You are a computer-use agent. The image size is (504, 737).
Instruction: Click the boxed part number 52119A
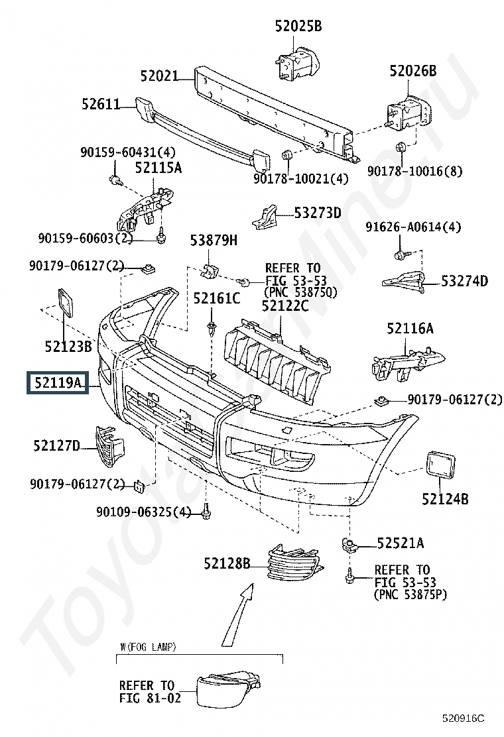(57, 382)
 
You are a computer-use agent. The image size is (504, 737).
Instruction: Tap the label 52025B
(298, 27)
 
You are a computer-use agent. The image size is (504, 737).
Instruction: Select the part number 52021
(159, 76)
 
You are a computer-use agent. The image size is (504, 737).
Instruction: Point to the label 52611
(101, 104)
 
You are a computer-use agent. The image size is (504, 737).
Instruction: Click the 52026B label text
(412, 71)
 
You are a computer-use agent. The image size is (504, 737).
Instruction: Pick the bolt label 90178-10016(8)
(414, 171)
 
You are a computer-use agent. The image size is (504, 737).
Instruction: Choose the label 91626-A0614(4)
(413, 227)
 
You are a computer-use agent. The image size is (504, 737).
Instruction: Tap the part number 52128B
(227, 563)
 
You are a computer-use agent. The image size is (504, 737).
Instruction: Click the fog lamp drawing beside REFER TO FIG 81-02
(229, 689)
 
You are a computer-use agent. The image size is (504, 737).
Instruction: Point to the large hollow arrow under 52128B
(238, 614)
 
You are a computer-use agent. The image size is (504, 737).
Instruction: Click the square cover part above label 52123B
(66, 303)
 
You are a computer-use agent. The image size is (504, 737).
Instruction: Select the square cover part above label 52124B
(440, 465)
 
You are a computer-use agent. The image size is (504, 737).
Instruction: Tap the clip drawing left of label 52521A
(349, 545)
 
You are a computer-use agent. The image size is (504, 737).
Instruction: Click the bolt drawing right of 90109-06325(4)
(206, 512)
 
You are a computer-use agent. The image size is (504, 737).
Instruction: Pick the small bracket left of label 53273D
(265, 217)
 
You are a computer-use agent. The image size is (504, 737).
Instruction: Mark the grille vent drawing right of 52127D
(109, 446)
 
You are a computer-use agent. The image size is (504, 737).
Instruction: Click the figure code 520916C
(463, 718)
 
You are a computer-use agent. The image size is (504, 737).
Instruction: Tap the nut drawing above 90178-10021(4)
(286, 155)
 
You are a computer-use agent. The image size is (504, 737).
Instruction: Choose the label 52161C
(217, 298)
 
